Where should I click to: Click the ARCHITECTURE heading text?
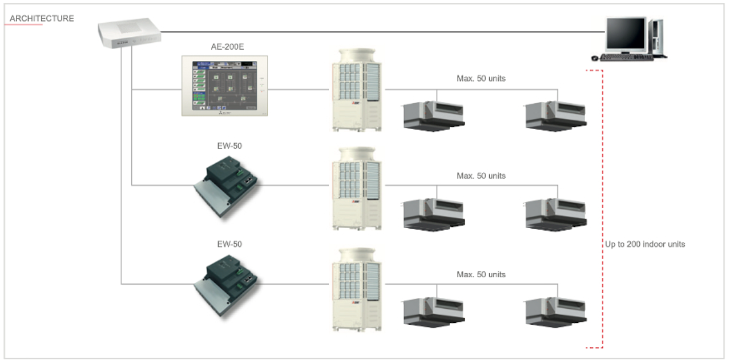(42, 18)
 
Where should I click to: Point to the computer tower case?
(658, 37)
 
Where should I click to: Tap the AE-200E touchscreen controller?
(225, 86)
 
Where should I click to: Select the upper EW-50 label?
(229, 146)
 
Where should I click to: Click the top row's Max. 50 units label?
(481, 78)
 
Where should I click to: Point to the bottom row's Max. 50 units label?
(481, 274)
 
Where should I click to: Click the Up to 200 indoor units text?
(645, 244)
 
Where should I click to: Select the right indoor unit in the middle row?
(555, 214)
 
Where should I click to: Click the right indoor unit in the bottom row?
(555, 312)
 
